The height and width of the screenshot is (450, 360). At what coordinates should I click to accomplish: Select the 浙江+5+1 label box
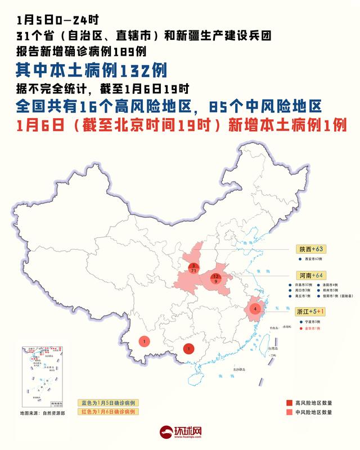(x=313, y=310)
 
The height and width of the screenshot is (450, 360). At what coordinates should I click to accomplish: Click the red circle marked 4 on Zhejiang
(x=256, y=308)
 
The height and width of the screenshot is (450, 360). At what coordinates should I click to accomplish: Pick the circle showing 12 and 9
(x=216, y=278)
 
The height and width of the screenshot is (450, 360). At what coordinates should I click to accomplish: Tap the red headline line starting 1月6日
(x=181, y=125)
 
